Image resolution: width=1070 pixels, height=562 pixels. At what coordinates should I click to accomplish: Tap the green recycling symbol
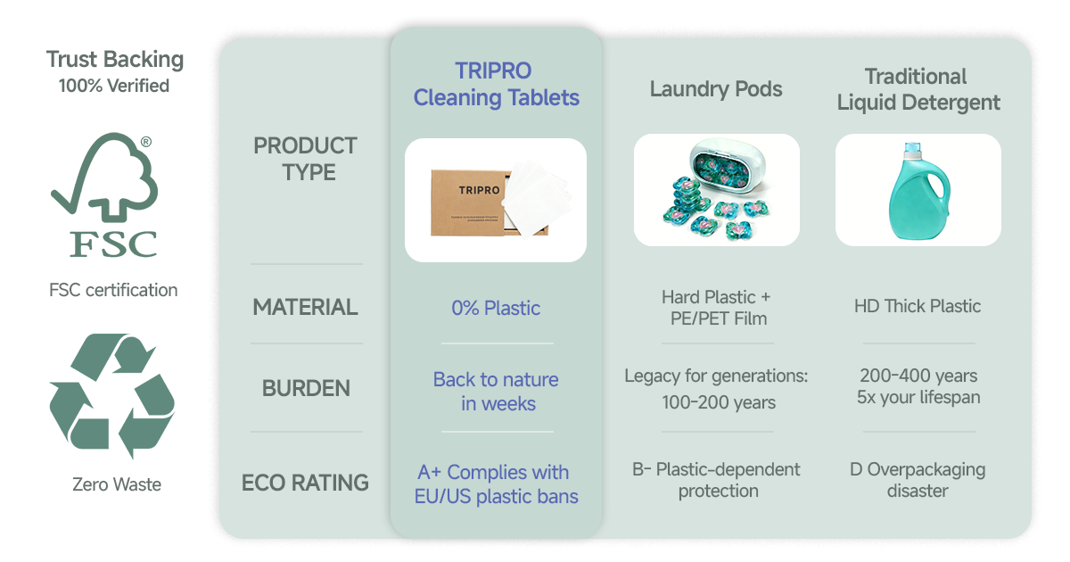coord(112,396)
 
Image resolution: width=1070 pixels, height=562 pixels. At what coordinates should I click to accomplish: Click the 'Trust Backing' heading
coord(115,59)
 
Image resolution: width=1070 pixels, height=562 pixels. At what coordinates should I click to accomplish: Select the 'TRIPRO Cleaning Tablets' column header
coord(496,84)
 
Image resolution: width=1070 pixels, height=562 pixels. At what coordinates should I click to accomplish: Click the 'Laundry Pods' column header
coord(715,89)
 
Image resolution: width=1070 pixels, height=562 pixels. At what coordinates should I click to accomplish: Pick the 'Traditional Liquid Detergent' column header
coord(918,89)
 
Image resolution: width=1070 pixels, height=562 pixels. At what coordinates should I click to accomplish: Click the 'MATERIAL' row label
coord(305,307)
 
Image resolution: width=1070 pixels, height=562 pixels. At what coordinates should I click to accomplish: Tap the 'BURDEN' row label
coord(306,388)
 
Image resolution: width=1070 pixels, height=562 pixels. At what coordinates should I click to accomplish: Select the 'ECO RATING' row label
coord(305,483)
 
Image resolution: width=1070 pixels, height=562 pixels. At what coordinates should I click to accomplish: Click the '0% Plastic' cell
coord(496,309)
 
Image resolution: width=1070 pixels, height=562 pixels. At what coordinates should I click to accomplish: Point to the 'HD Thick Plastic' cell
coord(918,306)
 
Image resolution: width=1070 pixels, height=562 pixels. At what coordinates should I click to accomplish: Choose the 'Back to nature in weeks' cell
coord(497,392)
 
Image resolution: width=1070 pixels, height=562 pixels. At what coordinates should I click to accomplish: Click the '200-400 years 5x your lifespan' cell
coord(918,386)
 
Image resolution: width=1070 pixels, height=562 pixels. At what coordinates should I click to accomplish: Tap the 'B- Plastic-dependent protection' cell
coord(717,480)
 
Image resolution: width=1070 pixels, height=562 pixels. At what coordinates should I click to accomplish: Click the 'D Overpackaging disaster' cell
coord(918,480)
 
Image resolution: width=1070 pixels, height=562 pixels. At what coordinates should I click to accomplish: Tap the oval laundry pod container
coord(727,166)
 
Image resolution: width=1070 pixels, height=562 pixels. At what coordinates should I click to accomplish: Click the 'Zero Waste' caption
coord(117,484)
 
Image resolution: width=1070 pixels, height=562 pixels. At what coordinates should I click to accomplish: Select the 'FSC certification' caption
coord(113,290)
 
